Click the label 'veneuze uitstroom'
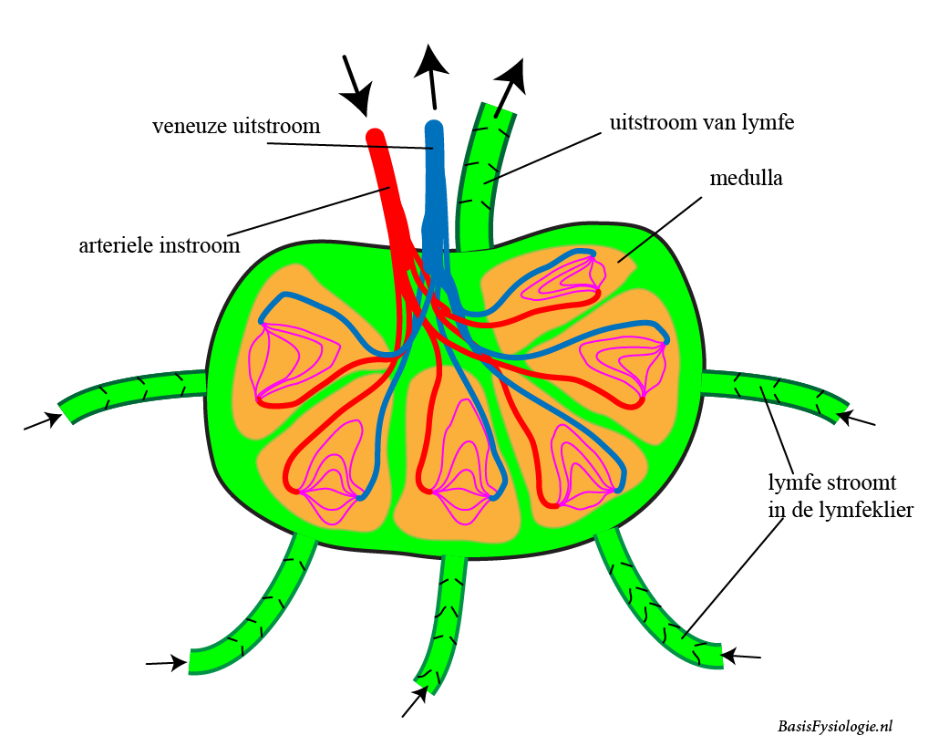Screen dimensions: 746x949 click(x=236, y=126)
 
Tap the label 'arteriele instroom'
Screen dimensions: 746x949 click(x=160, y=245)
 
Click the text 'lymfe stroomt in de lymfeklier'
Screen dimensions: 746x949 click(x=839, y=495)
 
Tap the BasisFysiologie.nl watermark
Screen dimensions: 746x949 click(x=835, y=726)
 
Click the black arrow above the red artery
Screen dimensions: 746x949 click(x=357, y=84)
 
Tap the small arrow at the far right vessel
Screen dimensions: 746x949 click(x=857, y=419)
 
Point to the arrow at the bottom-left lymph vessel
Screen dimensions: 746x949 click(x=166, y=664)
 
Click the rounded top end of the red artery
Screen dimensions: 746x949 click(x=374, y=137)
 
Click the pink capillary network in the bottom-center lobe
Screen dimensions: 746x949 click(x=460, y=474)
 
